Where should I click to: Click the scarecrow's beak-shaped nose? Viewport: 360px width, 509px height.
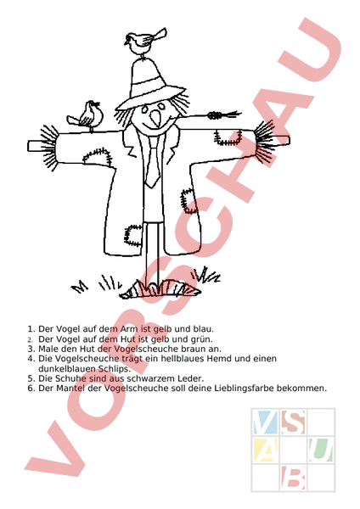[155, 118]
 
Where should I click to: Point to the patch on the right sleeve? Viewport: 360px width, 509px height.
[228, 137]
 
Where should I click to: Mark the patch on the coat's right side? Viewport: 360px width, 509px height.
[188, 200]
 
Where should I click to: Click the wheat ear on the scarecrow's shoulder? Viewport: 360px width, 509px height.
[224, 115]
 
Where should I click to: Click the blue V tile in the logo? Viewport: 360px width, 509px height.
[266, 422]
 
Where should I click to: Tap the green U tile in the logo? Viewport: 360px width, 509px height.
[321, 450]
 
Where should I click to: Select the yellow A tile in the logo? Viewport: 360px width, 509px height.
[266, 450]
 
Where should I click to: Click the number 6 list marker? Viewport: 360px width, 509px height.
[31, 389]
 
